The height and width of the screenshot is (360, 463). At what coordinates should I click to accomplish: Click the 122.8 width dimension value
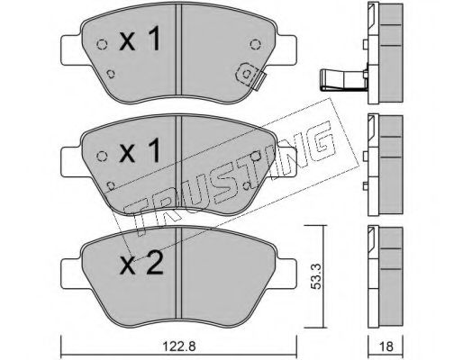pos(179,346)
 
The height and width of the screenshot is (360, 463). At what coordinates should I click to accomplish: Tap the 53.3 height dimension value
pos(316,276)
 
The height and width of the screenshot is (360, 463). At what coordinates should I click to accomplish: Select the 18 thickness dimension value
pos(386,346)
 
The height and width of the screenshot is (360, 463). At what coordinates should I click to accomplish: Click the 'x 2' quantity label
pos(141,263)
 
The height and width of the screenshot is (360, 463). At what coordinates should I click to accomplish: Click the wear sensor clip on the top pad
pos(250,76)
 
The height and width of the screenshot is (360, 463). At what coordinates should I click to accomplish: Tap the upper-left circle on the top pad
pos(102,45)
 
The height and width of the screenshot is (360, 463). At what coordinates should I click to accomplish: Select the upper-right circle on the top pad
pos(255,45)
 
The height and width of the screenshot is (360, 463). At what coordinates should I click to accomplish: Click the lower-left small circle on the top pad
pos(111,74)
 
